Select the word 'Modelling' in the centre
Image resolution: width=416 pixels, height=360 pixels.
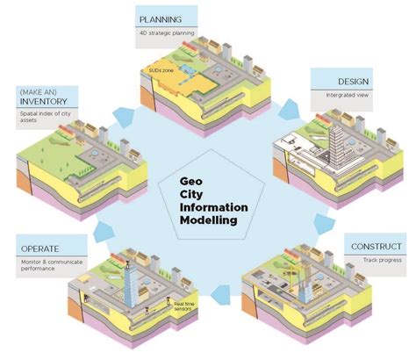click(207, 221)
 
